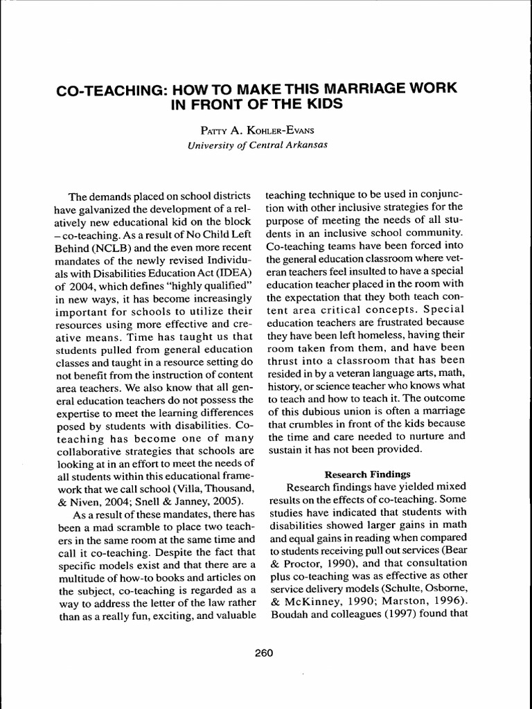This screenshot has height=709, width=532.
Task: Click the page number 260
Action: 265,652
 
